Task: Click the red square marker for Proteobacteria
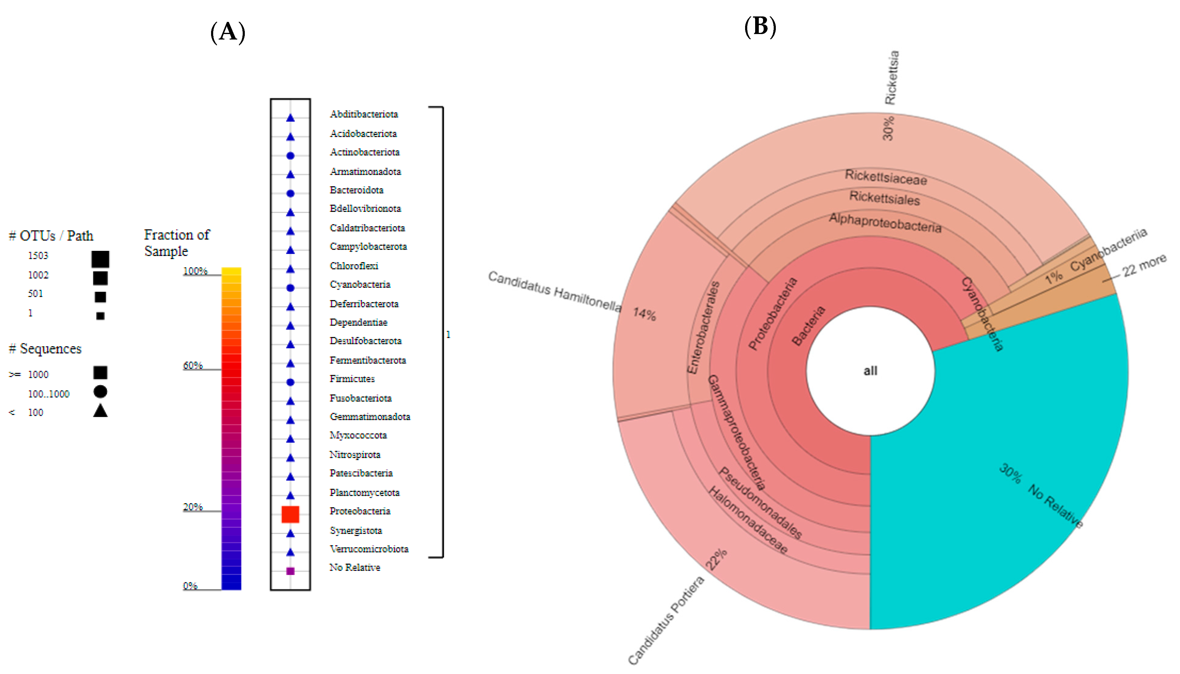tap(290, 514)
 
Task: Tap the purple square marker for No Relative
tap(290, 571)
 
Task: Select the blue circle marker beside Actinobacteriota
tap(290, 156)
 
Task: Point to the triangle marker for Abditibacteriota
tap(290, 118)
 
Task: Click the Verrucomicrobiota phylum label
tap(369, 549)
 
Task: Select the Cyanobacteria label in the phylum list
tap(360, 284)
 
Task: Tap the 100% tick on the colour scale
tap(195, 271)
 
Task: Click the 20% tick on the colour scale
tap(193, 507)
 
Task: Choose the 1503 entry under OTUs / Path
tap(38, 256)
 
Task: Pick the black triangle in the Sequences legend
tap(100, 411)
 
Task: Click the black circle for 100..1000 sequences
tap(100, 392)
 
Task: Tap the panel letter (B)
tap(760, 26)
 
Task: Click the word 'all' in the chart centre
tap(870, 371)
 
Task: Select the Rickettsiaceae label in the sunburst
tap(886, 177)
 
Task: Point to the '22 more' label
tap(1144, 265)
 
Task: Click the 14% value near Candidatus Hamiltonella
tap(644, 314)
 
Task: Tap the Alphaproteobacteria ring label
tap(885, 223)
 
